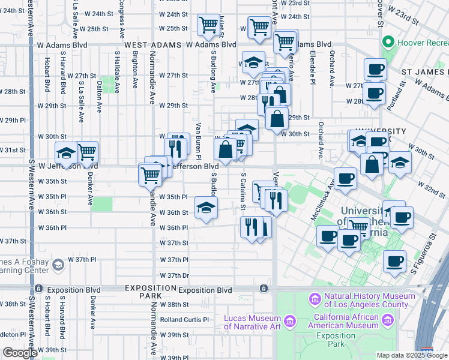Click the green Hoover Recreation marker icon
pos(388,43)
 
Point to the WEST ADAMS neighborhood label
pos(152,45)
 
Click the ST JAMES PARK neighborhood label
pos(424,72)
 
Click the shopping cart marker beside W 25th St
pos(208,25)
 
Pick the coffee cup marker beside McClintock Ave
pos(345,179)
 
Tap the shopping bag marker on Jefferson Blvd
pos(226,149)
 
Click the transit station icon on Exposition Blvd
pos(263,289)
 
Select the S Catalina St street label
pos(243,193)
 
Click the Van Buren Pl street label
pos(197,139)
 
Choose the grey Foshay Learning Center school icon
pos(58,265)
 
